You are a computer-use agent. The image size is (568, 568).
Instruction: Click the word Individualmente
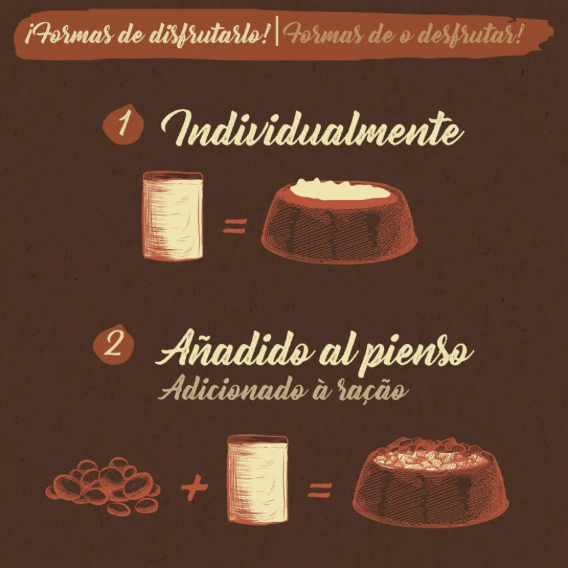click(x=312, y=128)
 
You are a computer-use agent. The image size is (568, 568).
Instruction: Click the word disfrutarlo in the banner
click(x=208, y=36)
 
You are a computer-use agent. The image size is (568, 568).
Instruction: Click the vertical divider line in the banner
click(x=277, y=32)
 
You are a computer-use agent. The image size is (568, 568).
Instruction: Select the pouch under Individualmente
click(x=173, y=216)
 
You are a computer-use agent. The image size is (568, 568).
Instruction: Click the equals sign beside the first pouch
click(x=235, y=226)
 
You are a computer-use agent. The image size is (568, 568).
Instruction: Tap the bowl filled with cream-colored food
click(x=340, y=221)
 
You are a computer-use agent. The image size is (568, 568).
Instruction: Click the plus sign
click(x=194, y=488)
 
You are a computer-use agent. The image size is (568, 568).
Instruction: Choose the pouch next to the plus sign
click(x=258, y=479)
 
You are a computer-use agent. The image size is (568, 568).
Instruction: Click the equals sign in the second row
click(x=320, y=490)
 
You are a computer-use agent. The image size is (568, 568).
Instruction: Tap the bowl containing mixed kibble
click(x=431, y=482)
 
